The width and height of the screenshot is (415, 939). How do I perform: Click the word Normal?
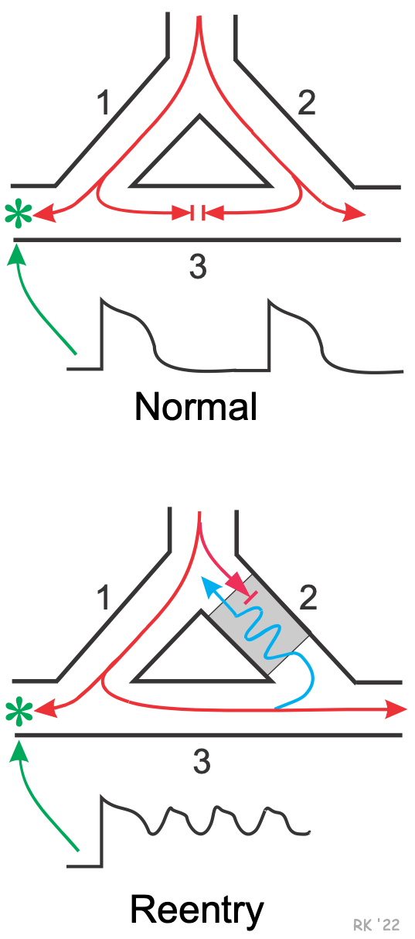(196, 406)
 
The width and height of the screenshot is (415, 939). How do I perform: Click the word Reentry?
(197, 910)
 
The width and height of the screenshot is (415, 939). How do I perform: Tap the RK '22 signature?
(376, 925)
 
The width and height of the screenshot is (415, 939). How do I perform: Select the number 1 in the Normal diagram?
(104, 103)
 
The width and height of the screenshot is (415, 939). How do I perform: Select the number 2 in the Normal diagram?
(307, 103)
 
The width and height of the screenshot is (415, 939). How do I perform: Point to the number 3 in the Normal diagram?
(198, 267)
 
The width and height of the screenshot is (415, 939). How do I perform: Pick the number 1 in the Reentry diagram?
(104, 598)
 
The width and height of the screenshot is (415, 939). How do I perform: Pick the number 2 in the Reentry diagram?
(308, 598)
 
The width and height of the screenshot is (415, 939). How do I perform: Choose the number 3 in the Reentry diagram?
(202, 762)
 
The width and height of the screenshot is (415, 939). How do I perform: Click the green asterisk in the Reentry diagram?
(19, 713)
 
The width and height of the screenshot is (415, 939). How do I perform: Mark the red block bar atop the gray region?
(250, 598)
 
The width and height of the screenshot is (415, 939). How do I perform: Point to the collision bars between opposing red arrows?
(198, 213)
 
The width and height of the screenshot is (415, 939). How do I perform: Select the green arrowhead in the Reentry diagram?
(18, 751)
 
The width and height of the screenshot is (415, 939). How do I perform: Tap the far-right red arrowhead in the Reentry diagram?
(396, 709)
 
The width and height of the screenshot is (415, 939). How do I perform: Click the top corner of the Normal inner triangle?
(199, 115)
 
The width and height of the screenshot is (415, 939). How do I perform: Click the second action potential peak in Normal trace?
(269, 300)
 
